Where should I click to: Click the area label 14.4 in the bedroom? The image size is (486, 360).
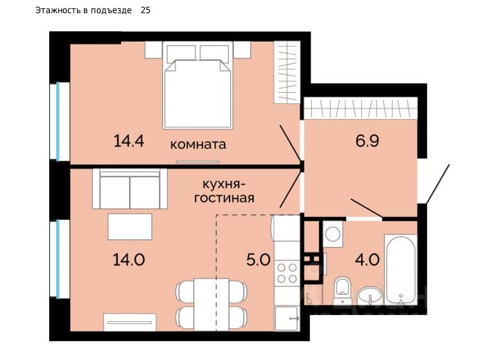pos(129,141)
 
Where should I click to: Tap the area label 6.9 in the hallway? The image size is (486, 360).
pos(367,141)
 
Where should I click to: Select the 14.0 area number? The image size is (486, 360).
pos(129,259)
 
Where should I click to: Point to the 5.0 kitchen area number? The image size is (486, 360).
pos(259,259)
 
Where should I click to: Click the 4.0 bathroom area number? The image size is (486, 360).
pos(367,259)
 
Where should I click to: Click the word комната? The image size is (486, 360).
pos(198,144)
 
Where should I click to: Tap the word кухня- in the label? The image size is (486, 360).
pos(224,185)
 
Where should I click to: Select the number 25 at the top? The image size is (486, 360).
pos(146,10)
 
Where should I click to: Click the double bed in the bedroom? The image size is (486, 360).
pos(198,85)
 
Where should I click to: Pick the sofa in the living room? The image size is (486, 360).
pos(130,189)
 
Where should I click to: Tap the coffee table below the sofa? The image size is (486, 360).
pos(130,226)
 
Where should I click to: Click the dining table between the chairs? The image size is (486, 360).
pos(211,305)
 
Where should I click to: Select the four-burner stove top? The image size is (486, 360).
pos(287,273)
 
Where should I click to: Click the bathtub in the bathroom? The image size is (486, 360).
pos(401,270)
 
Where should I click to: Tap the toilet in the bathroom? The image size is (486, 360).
pos(342,291)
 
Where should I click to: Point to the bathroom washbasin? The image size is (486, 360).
pos(370,295)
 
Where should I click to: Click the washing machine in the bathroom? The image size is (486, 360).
pos(333,234)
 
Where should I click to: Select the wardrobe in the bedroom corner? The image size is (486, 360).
pos(287,72)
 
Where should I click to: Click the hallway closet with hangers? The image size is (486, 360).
pos(361,108)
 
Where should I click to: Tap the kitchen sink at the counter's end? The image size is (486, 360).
pos(287,318)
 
